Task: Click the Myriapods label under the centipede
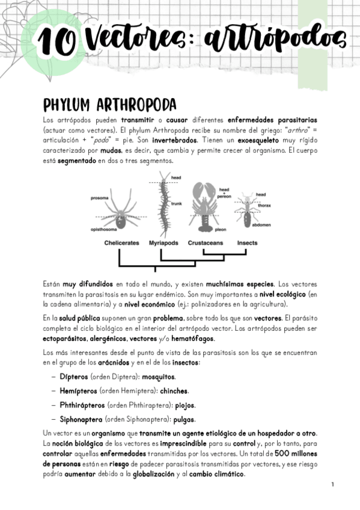pyautogui.click(x=165, y=243)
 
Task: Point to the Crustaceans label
pyautogui.click(x=206, y=243)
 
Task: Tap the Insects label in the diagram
pyautogui.click(x=247, y=243)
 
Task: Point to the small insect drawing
pyautogui.click(x=246, y=210)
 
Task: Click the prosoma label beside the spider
pyautogui.click(x=99, y=198)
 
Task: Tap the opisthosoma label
pyautogui.click(x=103, y=230)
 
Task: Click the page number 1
pyautogui.click(x=332, y=485)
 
